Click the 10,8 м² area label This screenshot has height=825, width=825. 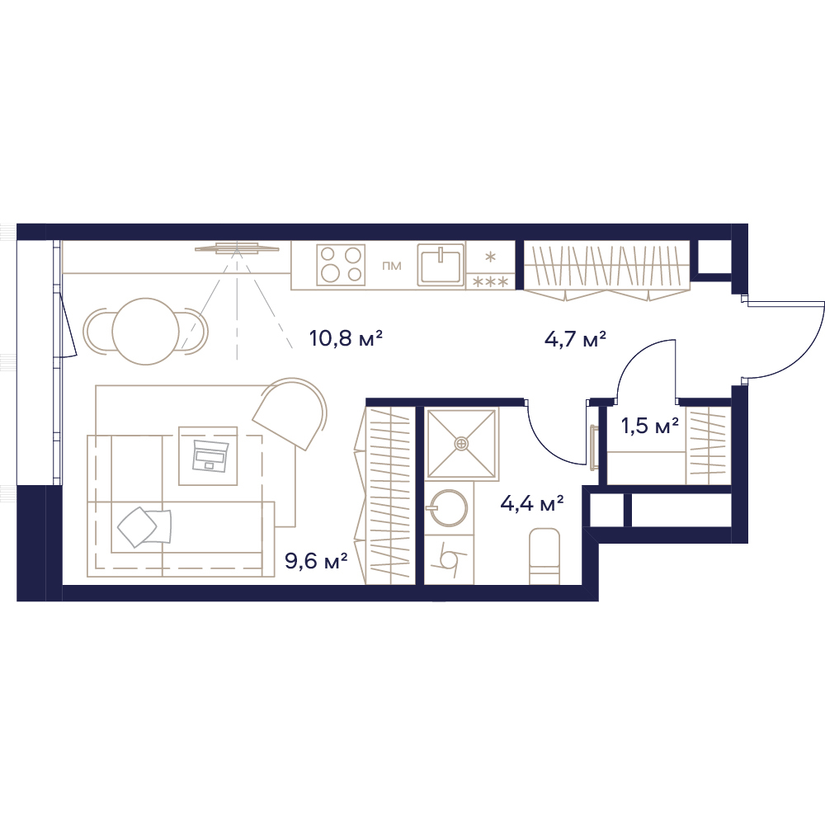click(x=345, y=338)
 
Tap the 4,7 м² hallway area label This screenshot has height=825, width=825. click(x=575, y=339)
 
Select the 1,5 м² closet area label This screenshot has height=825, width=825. click(x=650, y=425)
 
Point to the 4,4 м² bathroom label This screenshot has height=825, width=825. click(x=532, y=503)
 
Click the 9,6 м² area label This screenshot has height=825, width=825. click(x=316, y=561)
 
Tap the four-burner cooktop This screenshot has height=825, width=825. click(x=341, y=265)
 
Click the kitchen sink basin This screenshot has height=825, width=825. click(x=441, y=264)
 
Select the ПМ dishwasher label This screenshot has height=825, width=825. click(x=391, y=266)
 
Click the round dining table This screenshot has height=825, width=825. click(x=146, y=331)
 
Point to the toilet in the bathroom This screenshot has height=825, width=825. click(x=544, y=555)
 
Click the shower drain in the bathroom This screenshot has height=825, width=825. click(x=461, y=444)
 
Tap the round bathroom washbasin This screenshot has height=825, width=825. click(x=446, y=507)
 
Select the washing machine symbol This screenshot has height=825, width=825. click(x=449, y=559)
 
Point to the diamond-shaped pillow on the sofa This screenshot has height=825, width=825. click(x=137, y=526)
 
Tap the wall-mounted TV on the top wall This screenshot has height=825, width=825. click(x=237, y=247)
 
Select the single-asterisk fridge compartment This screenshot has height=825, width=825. click(x=490, y=257)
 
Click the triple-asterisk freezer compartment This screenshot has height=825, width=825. click(x=490, y=282)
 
